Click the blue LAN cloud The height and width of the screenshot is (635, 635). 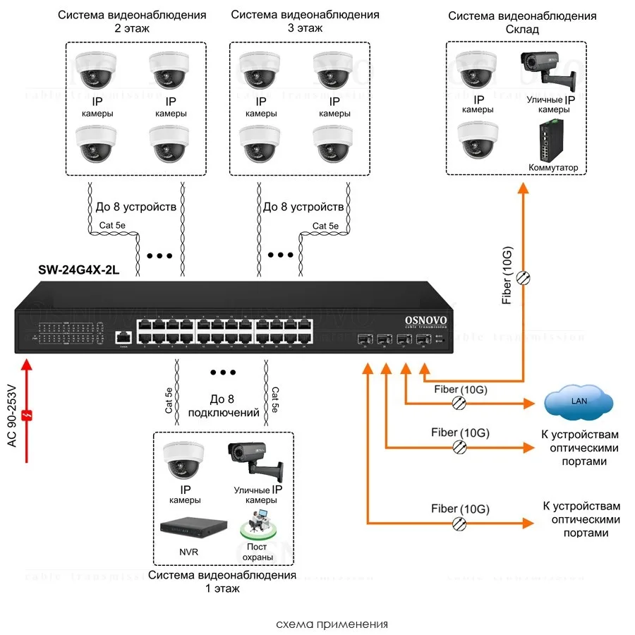point(578,402)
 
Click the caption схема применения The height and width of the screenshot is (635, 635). point(332,624)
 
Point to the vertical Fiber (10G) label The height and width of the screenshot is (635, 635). point(506,275)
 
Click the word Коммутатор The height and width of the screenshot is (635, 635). point(553,168)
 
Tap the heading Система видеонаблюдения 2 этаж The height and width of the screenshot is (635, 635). point(133,21)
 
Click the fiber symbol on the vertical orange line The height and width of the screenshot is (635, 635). point(523,278)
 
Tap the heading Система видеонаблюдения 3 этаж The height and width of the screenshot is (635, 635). point(305,21)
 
